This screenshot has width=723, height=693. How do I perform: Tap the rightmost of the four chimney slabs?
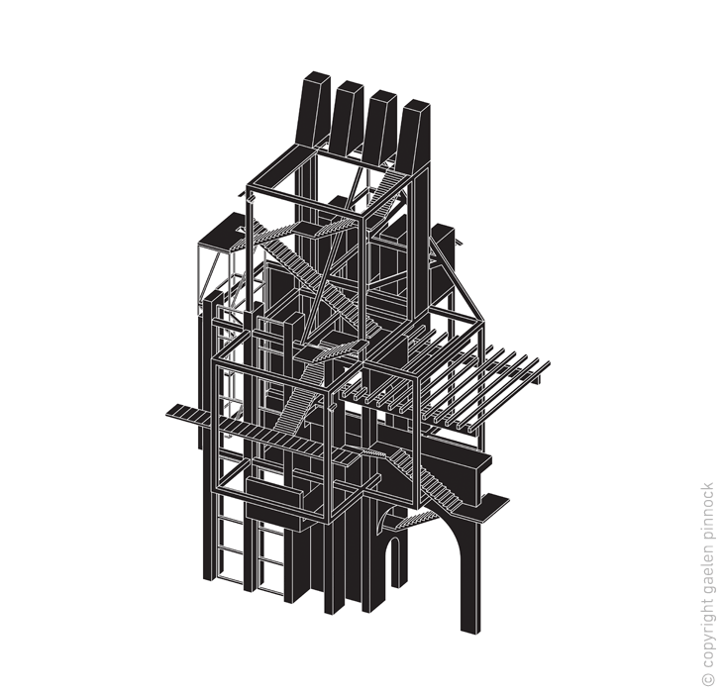[x=414, y=134]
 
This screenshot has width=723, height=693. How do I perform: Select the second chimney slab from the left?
[x=347, y=118]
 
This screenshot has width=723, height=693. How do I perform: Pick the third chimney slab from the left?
[x=381, y=126]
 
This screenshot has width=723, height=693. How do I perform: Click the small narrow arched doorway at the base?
[x=391, y=560]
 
